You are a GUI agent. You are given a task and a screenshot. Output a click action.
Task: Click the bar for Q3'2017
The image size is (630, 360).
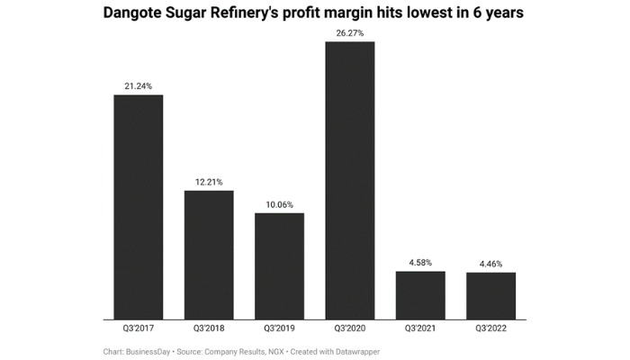[138, 207]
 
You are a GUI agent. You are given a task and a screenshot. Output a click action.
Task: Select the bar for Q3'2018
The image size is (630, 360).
[209, 255]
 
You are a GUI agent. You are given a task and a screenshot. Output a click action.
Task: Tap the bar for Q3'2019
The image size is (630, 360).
[279, 265]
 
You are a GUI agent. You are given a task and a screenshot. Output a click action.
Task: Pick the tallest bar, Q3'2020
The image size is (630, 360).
[349, 180]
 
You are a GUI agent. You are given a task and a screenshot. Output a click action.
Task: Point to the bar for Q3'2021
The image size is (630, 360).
[420, 295]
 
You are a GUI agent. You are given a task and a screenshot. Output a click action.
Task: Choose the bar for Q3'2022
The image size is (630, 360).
[490, 296]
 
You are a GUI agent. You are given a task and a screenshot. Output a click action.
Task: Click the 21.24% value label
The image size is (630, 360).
[138, 86]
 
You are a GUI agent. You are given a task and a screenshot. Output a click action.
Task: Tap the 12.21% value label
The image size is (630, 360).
[209, 182]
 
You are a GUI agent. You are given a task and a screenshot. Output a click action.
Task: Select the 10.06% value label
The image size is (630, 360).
[279, 204]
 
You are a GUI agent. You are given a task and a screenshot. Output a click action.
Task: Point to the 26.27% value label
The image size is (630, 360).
[349, 32]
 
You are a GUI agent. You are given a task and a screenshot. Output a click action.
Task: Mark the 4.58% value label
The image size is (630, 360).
[420, 262]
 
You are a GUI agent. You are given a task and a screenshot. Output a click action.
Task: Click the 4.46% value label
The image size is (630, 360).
[490, 264]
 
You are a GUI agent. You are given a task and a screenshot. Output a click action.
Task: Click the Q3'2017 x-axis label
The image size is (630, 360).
[138, 329]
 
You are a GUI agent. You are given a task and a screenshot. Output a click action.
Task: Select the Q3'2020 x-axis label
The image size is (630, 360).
[349, 329]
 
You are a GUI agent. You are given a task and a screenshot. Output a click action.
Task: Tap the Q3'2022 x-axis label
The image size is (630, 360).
[490, 329]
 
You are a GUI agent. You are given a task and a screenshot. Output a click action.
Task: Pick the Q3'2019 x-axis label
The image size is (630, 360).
[279, 329]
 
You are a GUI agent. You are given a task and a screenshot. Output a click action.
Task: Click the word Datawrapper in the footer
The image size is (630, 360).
[354, 351]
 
